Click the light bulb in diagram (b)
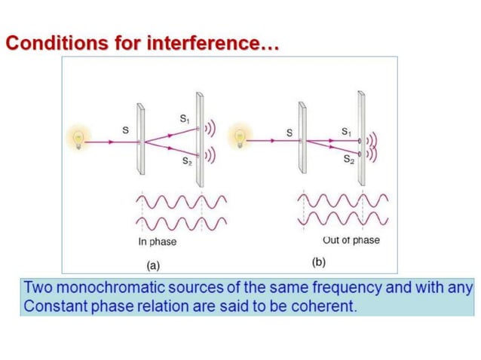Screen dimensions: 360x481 (242, 138)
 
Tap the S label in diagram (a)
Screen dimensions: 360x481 (125, 130)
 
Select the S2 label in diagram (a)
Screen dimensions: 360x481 (185, 161)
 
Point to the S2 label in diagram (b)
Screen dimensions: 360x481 (349, 160)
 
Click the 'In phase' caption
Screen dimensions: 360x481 (157, 242)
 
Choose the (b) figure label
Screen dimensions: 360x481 (319, 263)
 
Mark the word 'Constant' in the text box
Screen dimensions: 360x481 (53, 307)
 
